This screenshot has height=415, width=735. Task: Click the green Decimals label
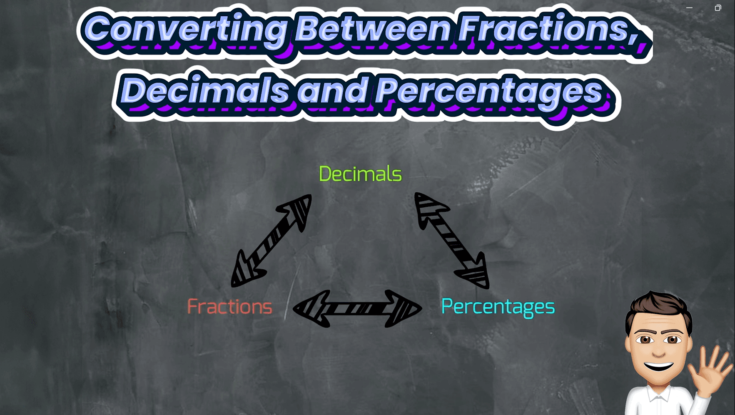360,174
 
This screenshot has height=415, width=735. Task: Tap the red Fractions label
229,307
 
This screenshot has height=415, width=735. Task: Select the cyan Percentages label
498,307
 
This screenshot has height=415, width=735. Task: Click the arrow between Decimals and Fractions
271,241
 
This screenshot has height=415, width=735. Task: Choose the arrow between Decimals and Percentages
452,241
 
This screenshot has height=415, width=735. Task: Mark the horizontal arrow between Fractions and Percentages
357,309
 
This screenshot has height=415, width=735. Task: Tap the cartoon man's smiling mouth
658,367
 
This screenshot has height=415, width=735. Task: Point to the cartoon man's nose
658,350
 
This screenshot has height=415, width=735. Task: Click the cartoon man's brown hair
658,306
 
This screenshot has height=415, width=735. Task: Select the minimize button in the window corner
689,8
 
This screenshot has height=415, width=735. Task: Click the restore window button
718,8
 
